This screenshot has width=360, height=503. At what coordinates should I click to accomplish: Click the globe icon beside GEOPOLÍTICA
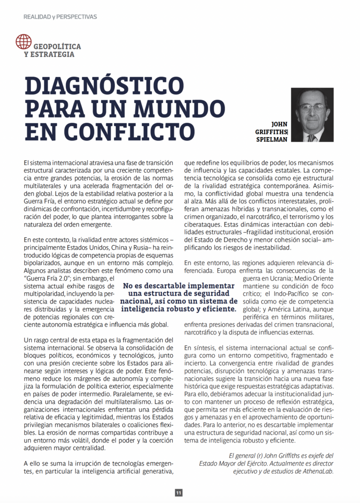click(x=23, y=41)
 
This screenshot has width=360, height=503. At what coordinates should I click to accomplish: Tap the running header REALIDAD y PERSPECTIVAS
click(x=60, y=17)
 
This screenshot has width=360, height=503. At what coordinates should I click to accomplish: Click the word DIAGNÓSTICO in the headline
click(x=104, y=88)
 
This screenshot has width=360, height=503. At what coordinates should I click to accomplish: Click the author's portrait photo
click(x=312, y=115)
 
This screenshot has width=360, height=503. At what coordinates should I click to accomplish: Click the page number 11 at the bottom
click(x=179, y=493)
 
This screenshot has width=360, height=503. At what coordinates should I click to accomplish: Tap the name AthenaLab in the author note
click(x=318, y=471)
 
